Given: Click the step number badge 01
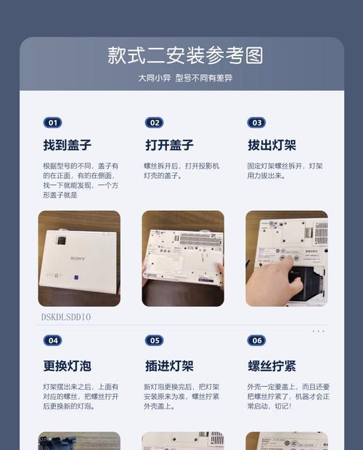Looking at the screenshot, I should (x=52, y=123).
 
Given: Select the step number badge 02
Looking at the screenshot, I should (x=154, y=123).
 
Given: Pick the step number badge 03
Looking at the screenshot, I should (x=256, y=123).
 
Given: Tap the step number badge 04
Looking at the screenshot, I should (x=52, y=340).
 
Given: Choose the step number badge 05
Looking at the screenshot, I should (x=154, y=340).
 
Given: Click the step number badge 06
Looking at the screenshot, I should (x=256, y=340).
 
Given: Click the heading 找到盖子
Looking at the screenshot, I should (x=67, y=145).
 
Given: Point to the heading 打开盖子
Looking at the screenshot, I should (x=168, y=145).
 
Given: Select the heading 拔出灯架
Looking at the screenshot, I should (x=272, y=145).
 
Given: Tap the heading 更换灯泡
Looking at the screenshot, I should (x=67, y=365).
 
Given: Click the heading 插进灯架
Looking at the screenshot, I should (x=168, y=365).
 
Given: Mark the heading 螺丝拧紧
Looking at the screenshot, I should (x=272, y=365).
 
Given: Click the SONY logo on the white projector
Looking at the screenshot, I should (x=78, y=259).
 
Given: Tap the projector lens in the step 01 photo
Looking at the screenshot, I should (x=61, y=239).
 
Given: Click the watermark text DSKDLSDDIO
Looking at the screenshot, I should (x=66, y=318).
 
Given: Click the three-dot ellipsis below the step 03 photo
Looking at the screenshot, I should (x=318, y=332).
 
